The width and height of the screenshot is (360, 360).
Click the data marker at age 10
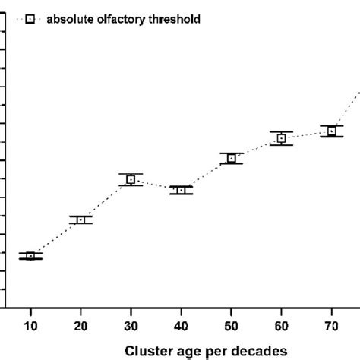pyautogui.click(x=30, y=256)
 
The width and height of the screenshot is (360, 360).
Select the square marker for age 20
pyautogui.click(x=81, y=219)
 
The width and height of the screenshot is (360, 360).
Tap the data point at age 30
pyautogui.click(x=131, y=179)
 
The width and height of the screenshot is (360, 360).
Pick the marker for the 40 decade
pyautogui.click(x=181, y=190)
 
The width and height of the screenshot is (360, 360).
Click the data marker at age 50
pyautogui.click(x=231, y=158)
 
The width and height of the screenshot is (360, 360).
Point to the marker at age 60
pyautogui.click(x=281, y=138)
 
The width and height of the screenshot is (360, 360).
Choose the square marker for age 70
pyautogui.click(x=331, y=131)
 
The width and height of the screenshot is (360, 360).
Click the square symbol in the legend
pyautogui.click(x=30, y=20)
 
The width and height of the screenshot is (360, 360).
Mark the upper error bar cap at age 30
pyautogui.click(x=131, y=174)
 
